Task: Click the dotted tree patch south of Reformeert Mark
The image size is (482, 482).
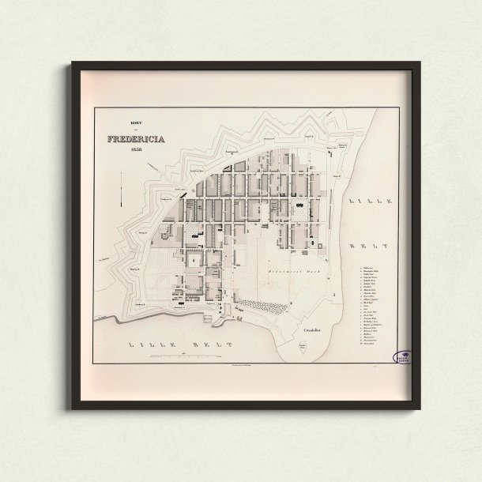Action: (261, 303)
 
